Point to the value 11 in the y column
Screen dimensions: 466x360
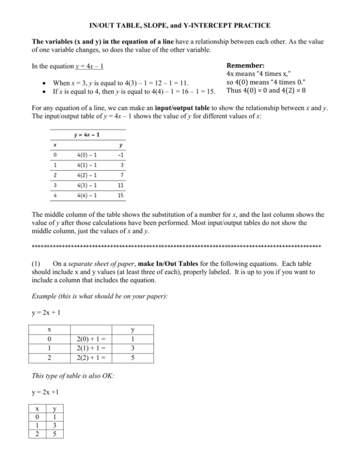pos(120,185)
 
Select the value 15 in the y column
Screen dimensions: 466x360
pos(120,195)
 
